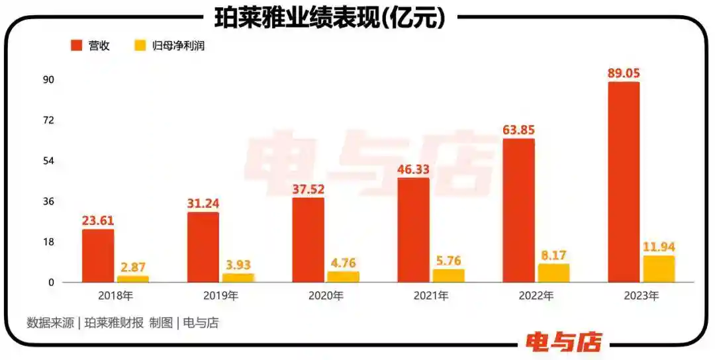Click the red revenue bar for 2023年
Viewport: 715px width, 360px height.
(624, 182)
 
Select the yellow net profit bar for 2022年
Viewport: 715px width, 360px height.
(554, 273)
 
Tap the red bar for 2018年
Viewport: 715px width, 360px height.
(98, 255)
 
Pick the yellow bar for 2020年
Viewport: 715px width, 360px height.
(343, 277)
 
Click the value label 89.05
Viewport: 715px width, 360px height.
(624, 73)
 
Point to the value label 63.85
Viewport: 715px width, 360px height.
(518, 130)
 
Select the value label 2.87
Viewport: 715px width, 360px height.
(133, 267)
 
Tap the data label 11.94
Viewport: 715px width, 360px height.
(659, 247)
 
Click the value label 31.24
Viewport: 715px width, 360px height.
(203, 204)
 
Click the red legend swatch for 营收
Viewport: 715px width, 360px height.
(76, 46)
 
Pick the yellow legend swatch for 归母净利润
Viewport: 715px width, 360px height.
(140, 46)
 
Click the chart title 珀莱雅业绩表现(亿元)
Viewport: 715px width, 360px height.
(330, 19)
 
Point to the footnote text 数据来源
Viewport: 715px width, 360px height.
(50, 323)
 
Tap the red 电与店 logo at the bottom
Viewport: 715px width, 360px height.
(564, 341)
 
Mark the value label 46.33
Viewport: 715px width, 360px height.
(413, 169)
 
